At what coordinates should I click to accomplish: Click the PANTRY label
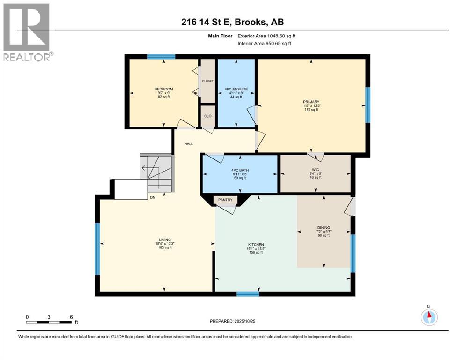point(225,200)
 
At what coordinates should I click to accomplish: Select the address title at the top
point(232,22)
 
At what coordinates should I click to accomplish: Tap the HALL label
point(189,143)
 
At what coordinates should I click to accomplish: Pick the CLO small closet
point(208,116)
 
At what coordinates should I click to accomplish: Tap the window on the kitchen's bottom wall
point(248,294)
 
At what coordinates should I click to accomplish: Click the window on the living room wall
point(97,249)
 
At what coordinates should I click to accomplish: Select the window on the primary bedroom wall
point(368,105)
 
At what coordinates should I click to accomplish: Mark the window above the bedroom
point(161,57)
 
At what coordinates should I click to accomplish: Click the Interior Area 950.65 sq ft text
point(264,43)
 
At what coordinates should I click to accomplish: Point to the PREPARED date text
point(232,321)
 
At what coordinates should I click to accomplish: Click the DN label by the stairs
point(153,197)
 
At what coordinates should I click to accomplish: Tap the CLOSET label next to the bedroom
point(207,81)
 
